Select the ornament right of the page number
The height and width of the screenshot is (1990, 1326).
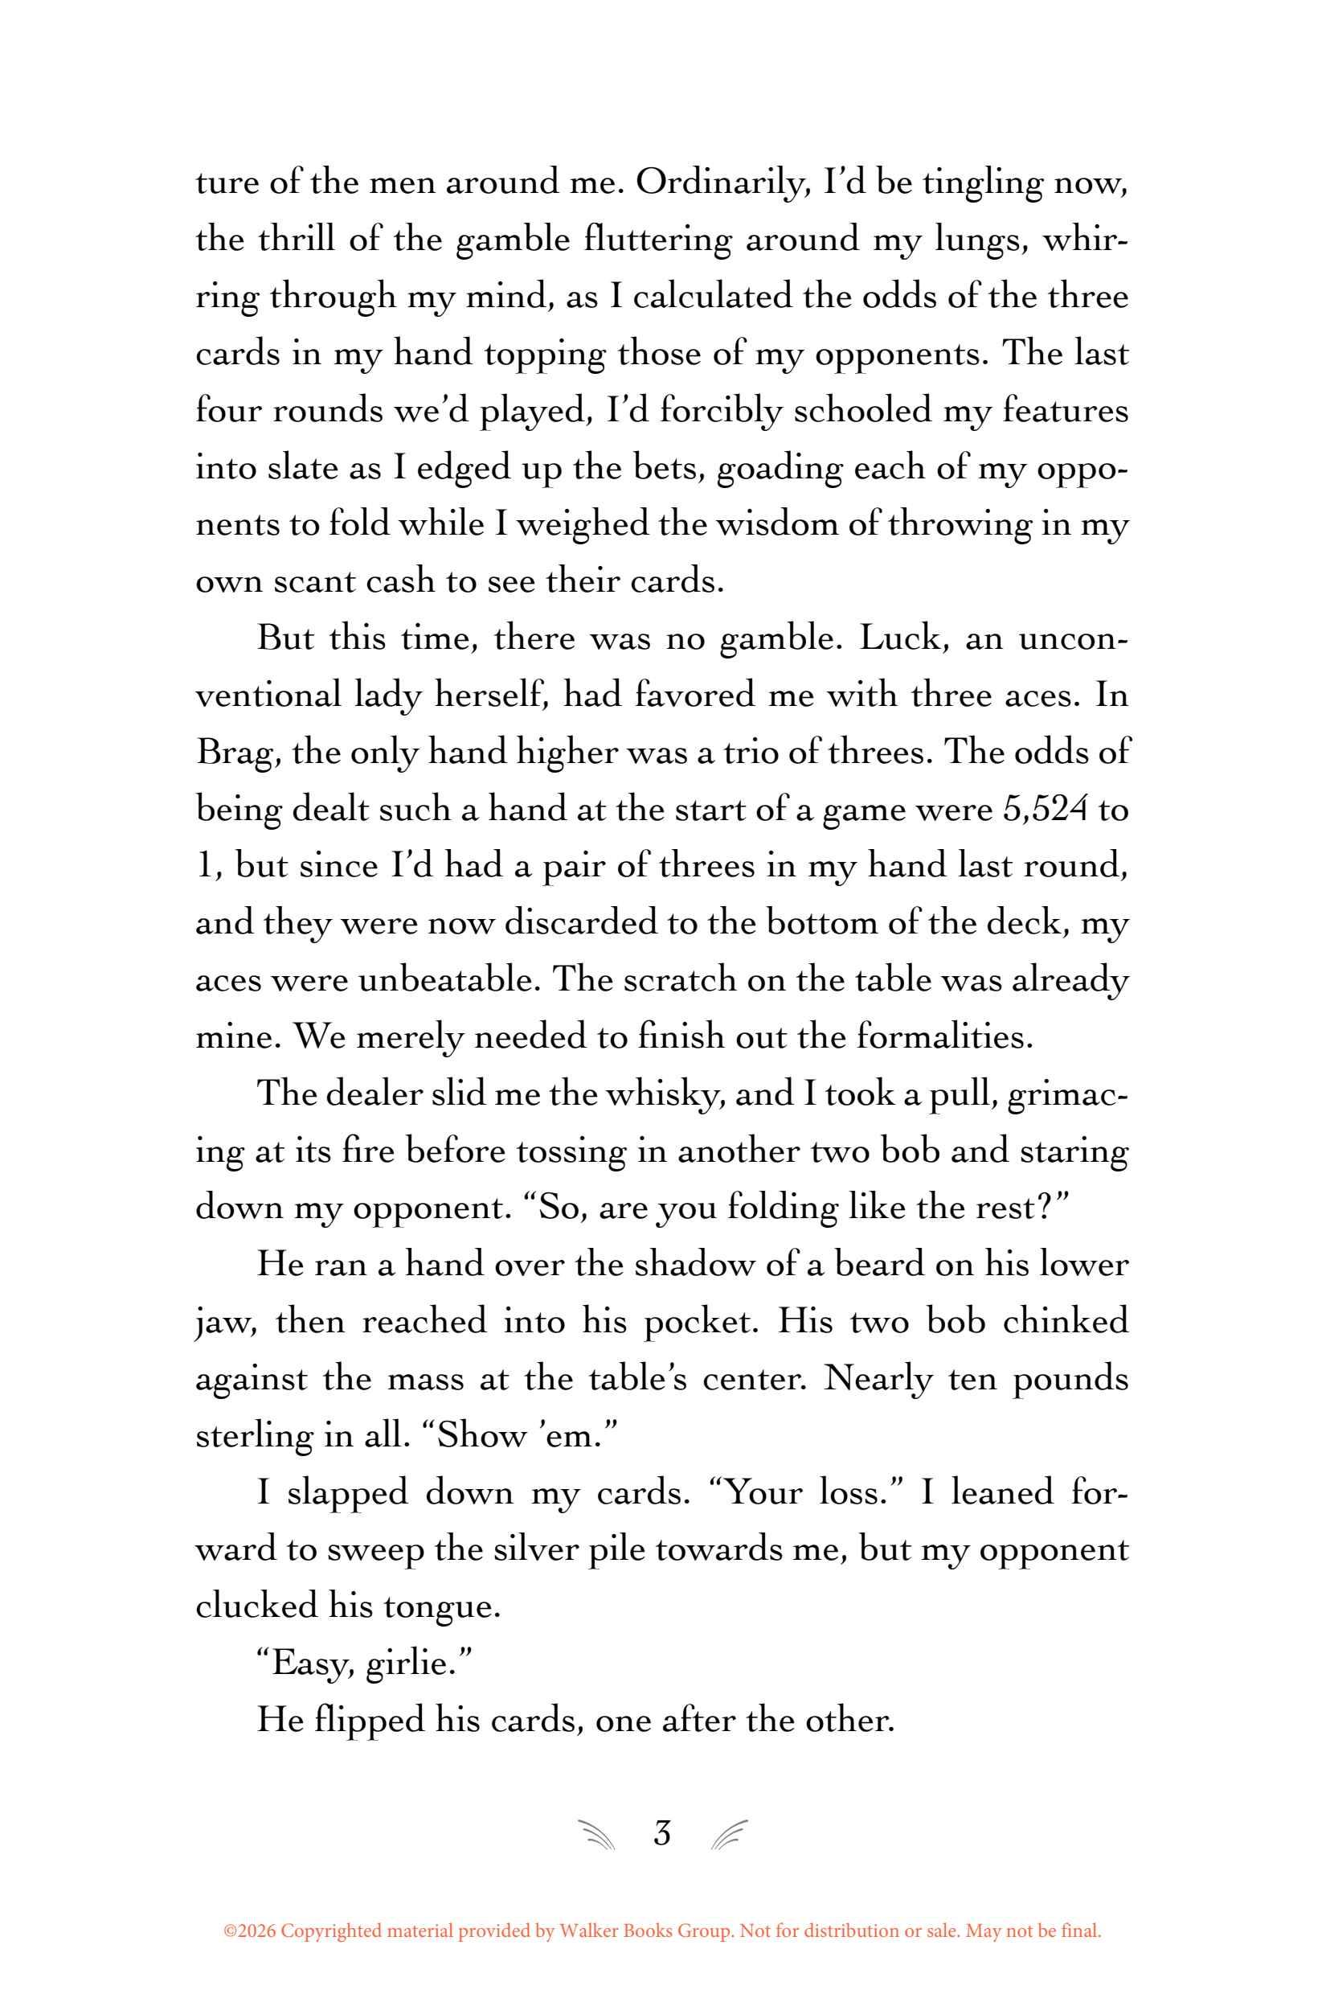click(x=729, y=1835)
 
